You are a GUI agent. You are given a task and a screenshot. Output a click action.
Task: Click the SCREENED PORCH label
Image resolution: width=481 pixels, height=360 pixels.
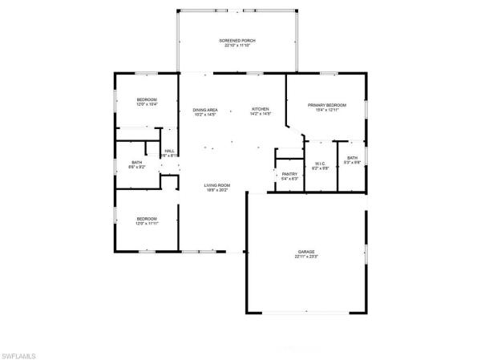tap(237, 40)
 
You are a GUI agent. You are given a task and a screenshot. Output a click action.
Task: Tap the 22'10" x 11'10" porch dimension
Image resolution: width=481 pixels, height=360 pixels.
tap(237, 46)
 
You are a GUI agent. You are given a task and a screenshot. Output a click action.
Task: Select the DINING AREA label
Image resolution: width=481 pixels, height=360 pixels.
tap(205, 110)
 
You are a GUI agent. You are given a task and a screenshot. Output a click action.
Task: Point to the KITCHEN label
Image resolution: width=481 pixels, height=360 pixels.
tap(261, 109)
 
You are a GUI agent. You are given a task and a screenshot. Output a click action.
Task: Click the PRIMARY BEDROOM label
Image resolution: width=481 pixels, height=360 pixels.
tap(327, 105)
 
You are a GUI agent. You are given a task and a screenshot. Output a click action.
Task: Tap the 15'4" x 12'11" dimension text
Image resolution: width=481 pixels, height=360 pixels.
tap(327, 111)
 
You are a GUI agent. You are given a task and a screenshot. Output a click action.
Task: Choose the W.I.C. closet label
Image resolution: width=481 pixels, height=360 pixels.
tap(320, 163)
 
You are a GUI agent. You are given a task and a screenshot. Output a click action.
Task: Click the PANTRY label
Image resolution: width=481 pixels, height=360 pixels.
tap(289, 173)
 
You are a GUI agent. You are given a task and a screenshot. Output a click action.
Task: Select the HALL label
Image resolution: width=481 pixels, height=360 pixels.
tap(169, 150)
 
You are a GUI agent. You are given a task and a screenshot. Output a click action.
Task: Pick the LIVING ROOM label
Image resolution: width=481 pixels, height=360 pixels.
tap(217, 185)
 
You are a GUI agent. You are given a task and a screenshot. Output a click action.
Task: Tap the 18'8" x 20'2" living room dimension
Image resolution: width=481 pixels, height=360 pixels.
tap(217, 191)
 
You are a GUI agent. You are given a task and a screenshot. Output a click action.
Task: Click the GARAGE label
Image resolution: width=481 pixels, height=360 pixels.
tap(306, 252)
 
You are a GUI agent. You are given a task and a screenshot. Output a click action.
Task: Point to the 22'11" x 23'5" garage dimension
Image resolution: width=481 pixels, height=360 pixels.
tap(306, 257)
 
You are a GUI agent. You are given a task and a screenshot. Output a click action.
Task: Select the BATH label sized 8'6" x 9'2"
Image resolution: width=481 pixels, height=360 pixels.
tap(137, 162)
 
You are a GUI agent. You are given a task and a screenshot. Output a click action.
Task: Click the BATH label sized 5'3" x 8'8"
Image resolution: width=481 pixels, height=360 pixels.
tap(353, 157)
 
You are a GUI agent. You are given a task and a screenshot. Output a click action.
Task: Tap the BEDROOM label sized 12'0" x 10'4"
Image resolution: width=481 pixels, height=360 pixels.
tap(147, 99)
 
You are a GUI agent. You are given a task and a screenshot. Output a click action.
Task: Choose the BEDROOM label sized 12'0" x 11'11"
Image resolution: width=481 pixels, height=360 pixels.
tap(147, 218)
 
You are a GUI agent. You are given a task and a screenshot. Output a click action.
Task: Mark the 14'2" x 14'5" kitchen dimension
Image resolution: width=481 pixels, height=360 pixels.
tap(261, 115)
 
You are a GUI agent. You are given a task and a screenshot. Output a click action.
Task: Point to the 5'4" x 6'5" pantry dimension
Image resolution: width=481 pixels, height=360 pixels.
tap(289, 179)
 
